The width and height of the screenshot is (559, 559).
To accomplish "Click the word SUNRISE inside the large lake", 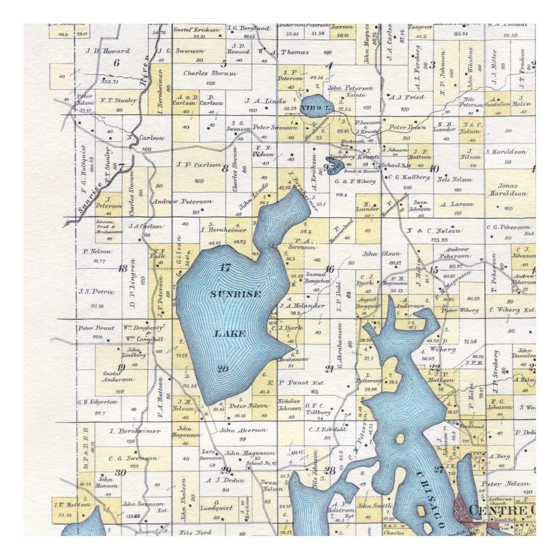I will pyautogui.click(x=229, y=294).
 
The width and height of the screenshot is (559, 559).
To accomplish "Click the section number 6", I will pyautogui.click(x=116, y=63).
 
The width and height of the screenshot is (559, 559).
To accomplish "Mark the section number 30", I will pyautogui.click(x=120, y=473).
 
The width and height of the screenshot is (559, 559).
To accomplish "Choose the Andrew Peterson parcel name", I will pyautogui.click(x=181, y=202).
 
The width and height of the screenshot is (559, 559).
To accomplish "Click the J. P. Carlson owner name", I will pyautogui.click(x=198, y=165).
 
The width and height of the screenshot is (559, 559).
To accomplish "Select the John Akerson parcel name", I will pyautogui.click(x=243, y=431).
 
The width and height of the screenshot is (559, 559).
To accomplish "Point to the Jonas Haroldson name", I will pyautogui.click(x=508, y=190).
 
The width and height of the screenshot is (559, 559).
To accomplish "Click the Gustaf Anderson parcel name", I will pyautogui.click(x=117, y=376).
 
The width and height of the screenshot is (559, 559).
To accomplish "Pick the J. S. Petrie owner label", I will pyautogui.click(x=96, y=292).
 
